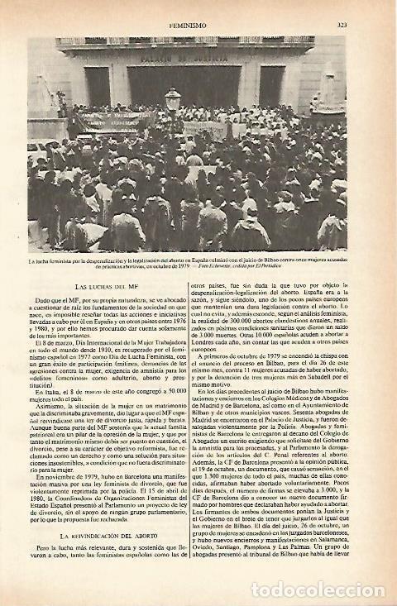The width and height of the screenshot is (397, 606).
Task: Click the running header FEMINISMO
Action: click(198, 25)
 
